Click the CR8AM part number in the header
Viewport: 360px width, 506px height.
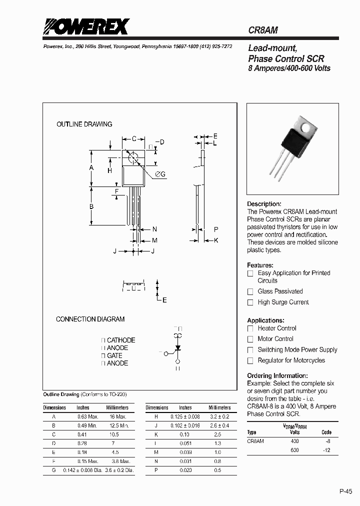(x=263, y=30)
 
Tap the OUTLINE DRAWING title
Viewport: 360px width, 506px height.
(x=84, y=124)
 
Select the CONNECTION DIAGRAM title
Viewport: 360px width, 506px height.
(x=90, y=319)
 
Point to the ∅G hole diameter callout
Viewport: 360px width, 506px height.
(x=160, y=173)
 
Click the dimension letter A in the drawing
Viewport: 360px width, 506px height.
(x=91, y=168)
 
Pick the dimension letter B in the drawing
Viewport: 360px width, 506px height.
(x=91, y=206)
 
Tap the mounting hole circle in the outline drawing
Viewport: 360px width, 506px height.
(x=133, y=157)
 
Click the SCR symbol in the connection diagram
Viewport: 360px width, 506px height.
(x=177, y=346)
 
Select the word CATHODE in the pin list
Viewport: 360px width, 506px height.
(x=121, y=340)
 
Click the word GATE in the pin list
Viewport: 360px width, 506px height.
(x=115, y=355)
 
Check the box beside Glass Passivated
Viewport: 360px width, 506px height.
(x=250, y=291)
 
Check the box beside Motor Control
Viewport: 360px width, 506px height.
(x=250, y=339)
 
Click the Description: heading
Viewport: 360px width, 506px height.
(x=264, y=204)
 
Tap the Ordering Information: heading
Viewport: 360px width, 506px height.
(x=277, y=375)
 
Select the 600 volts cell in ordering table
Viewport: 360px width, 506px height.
(x=295, y=450)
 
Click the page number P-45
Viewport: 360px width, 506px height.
(x=346, y=491)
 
